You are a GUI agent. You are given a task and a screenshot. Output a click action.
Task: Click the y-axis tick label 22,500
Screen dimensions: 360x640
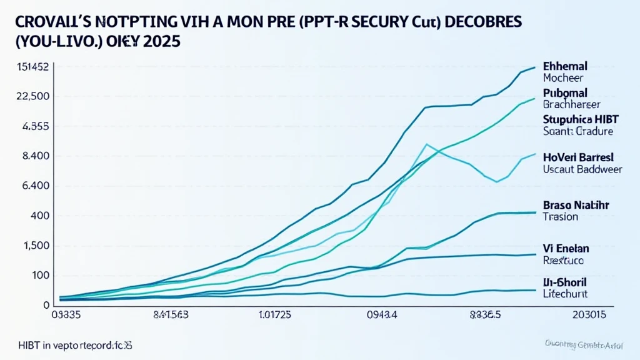(33, 96)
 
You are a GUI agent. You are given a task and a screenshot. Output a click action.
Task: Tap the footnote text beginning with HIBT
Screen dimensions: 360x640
(74, 344)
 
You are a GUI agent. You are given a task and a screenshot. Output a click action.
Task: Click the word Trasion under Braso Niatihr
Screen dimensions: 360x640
(561, 217)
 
